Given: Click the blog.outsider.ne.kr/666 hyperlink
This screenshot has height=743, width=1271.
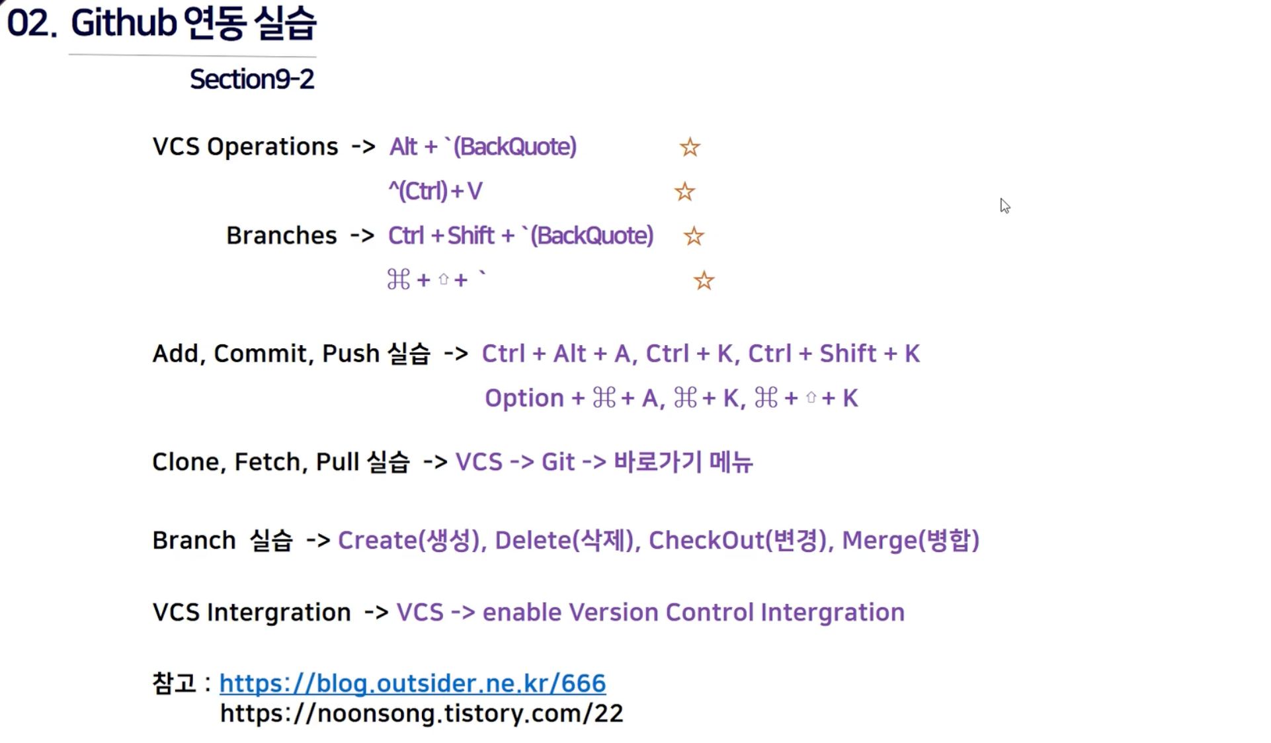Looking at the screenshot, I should click(412, 683).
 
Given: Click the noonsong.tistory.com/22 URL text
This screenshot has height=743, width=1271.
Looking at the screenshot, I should click(421, 713).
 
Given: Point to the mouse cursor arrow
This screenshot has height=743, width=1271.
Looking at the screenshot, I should click(1004, 206).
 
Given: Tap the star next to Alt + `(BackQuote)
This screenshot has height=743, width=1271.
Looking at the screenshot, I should click(690, 147).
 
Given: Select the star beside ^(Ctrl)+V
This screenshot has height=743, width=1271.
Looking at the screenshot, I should click(684, 192).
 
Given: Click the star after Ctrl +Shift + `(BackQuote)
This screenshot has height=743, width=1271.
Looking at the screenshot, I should click(694, 236).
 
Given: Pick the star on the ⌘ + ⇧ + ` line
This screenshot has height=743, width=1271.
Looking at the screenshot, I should click(704, 281).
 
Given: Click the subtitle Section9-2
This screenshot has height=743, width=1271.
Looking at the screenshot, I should click(252, 79).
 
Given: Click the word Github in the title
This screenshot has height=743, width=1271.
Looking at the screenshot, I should click(124, 23).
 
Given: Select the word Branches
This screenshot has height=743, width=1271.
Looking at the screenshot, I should click(281, 236).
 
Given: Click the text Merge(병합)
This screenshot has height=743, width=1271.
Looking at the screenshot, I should click(910, 541).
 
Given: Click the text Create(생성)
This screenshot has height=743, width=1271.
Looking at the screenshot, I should click(409, 541).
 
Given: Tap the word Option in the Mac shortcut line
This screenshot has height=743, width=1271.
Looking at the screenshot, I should click(524, 399).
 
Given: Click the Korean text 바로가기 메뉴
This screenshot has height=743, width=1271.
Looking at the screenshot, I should click(683, 462).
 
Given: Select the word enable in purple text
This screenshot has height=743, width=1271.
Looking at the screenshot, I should click(522, 613).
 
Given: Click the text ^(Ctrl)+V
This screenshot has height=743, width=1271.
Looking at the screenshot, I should click(435, 192).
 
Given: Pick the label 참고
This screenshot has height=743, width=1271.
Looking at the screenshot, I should click(174, 683).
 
